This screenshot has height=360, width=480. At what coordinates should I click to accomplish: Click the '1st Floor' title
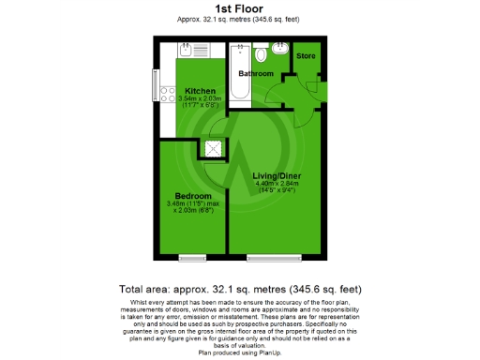coord(239,8)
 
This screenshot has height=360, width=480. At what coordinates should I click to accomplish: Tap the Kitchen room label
coord(199,90)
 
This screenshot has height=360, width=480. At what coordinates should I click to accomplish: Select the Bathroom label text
coord(254,73)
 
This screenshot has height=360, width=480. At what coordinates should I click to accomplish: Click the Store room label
coord(306,56)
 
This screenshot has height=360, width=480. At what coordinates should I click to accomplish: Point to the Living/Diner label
coord(277,175)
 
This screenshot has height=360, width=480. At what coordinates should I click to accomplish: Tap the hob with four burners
coord(169,95)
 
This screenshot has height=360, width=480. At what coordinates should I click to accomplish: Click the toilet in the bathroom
coord(279,52)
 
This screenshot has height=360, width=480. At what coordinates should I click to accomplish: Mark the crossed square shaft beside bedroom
coord(212,148)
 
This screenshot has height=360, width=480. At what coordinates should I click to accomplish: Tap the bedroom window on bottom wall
coord(193,257)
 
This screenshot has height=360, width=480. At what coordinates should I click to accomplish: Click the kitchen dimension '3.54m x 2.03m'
coord(199,98)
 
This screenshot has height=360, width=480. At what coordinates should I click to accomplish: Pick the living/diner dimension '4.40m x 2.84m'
coord(277,184)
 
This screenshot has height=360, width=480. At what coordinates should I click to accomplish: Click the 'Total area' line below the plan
coord(240,289)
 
